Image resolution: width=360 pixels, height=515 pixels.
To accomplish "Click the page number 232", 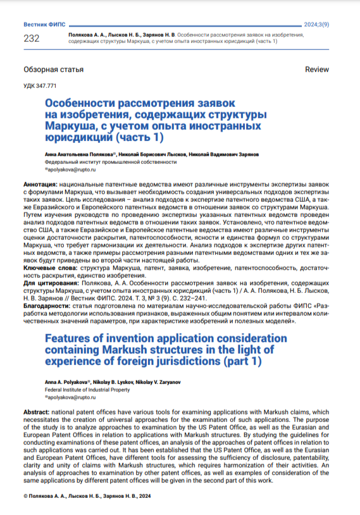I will pyautogui.click(x=31, y=39).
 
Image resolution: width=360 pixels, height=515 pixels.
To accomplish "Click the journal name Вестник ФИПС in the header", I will pyautogui.click(x=42, y=23).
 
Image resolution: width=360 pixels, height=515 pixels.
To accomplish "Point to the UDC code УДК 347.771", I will pyautogui.click(x=40, y=85).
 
